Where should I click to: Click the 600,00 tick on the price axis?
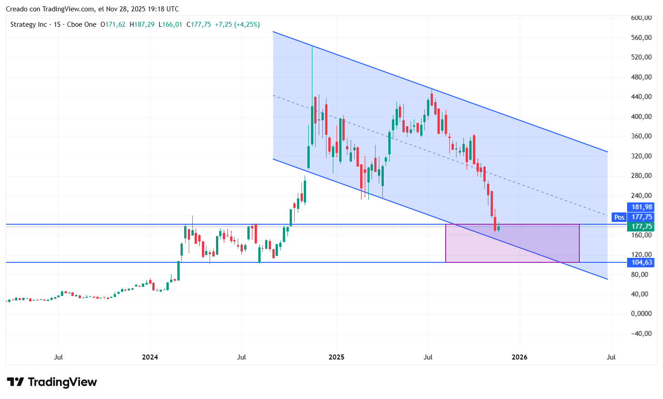641,18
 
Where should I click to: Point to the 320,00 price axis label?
641,156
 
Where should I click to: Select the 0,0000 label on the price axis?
641,314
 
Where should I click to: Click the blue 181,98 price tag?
641,207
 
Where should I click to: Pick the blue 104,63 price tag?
641,262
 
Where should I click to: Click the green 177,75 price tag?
641,226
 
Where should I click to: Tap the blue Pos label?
619,217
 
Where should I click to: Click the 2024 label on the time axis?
150,357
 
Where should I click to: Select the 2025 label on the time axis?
337,357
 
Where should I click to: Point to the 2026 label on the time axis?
519,357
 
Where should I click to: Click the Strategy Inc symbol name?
28,25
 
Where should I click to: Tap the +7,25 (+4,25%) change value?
237,25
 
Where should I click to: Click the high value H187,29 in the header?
142,25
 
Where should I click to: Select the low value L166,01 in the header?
170,25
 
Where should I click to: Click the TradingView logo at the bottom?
52,382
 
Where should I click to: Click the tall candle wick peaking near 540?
312,68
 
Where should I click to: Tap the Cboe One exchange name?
81,25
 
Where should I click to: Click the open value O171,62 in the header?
113,25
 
